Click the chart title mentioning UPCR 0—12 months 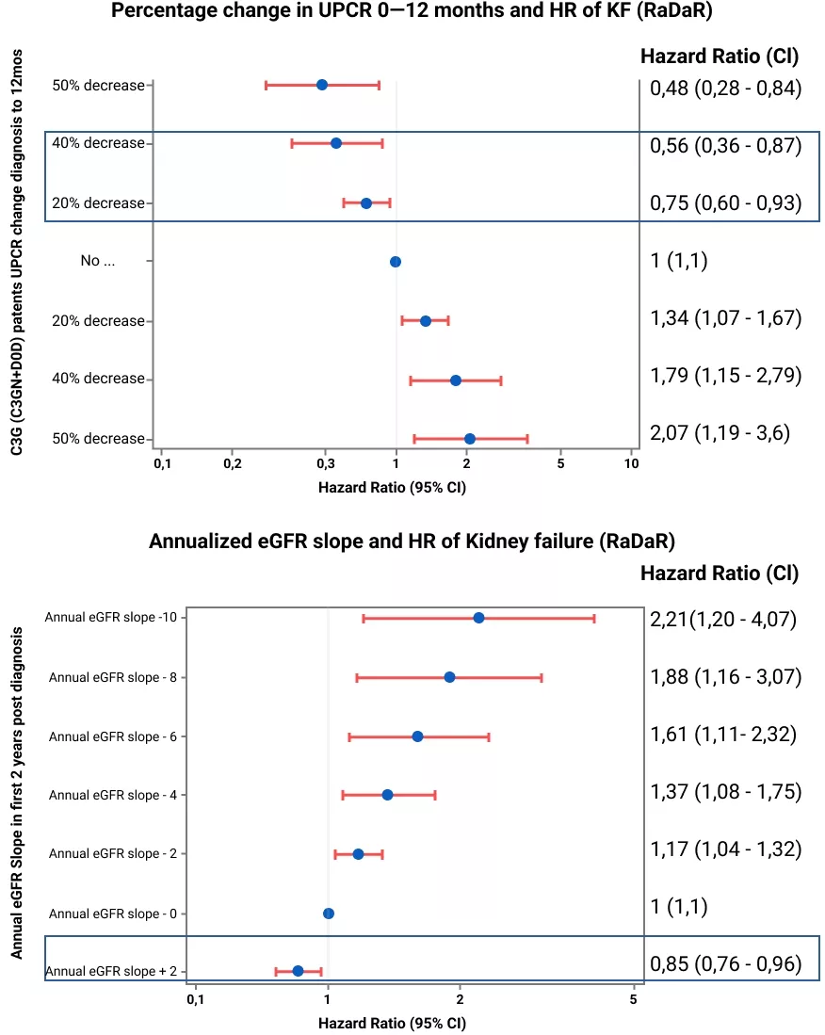click(412, 11)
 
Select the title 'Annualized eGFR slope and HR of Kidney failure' click(412, 542)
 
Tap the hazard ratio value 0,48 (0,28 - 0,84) click(725, 88)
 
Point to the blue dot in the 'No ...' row click(396, 262)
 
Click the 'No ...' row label click(98, 261)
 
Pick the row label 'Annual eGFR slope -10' click(111, 617)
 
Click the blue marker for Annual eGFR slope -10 click(478, 618)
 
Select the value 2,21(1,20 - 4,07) click(723, 619)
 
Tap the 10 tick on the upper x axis click(632, 463)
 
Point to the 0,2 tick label click(233, 463)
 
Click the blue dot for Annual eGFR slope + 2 click(298, 971)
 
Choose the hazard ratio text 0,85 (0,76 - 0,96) click(725, 963)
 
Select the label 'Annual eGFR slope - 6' click(113, 736)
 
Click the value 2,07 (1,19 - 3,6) click(720, 433)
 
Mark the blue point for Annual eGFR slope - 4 click(387, 795)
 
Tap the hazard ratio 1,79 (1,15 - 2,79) click(725, 376)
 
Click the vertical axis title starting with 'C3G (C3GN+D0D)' click(17, 252)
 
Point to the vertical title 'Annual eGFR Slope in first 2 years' click(17, 793)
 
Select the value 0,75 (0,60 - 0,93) click(725, 203)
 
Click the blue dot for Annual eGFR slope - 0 click(329, 914)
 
